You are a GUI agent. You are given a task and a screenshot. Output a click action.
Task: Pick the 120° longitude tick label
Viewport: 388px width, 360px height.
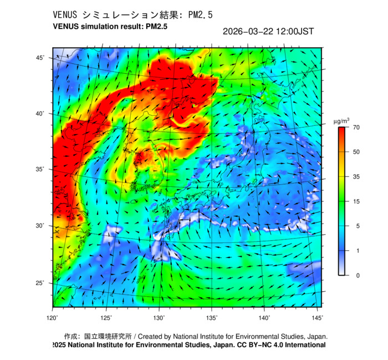click(x=53, y=317)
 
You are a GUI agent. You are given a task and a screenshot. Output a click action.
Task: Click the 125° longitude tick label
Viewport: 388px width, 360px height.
click(x=106, y=317)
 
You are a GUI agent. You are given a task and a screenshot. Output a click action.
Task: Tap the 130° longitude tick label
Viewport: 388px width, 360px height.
click(x=160, y=317)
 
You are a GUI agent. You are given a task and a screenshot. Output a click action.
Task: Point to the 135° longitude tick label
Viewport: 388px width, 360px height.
click(x=212, y=317)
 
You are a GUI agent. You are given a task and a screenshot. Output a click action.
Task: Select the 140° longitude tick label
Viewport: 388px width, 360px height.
click(x=264, y=317)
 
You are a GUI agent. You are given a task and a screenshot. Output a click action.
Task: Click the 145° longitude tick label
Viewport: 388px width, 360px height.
click(x=317, y=317)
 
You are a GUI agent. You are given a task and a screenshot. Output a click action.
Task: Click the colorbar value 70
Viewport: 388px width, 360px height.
click(x=357, y=128)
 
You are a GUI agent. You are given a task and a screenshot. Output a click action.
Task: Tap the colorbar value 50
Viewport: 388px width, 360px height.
click(x=357, y=151)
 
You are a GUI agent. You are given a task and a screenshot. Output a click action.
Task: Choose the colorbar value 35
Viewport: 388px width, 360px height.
click(x=357, y=176)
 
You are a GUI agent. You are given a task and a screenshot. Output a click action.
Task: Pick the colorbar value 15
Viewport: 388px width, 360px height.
click(x=357, y=201)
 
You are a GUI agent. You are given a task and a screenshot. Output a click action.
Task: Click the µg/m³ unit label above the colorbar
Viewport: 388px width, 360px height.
click(x=341, y=120)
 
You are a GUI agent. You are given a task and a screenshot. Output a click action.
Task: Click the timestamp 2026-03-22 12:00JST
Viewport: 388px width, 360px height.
click(x=268, y=32)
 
